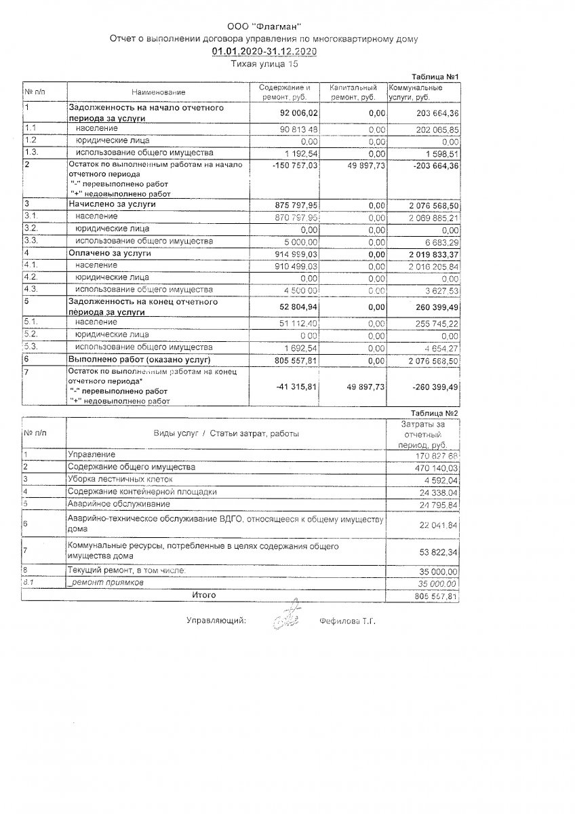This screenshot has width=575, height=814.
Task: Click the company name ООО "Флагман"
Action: point(264,26)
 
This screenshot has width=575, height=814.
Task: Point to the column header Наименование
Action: point(159,92)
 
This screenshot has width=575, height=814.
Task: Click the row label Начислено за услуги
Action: point(112,203)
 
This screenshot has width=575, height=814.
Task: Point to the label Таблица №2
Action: point(435,413)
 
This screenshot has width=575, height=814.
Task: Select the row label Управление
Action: point(92,454)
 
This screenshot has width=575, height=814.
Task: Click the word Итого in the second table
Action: point(203,595)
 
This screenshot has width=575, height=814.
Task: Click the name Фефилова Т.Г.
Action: point(347,621)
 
